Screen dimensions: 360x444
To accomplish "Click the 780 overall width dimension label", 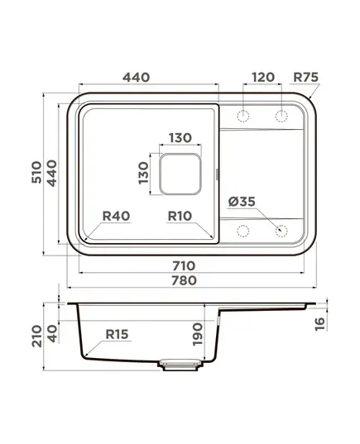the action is (x=184, y=280).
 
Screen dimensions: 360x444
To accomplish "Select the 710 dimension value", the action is (x=184, y=266).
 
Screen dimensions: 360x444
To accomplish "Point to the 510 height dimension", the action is (x=36, y=172).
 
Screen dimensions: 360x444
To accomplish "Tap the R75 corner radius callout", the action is (x=305, y=77).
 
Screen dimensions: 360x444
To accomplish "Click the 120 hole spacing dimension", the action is (x=263, y=77).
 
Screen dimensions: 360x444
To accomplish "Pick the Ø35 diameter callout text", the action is (x=242, y=202).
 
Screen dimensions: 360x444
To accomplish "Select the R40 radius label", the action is (x=116, y=216).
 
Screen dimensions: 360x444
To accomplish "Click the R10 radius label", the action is (x=180, y=216).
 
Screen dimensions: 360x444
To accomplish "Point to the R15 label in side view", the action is (x=117, y=334).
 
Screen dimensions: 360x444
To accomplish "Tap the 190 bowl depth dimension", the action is (x=198, y=334).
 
